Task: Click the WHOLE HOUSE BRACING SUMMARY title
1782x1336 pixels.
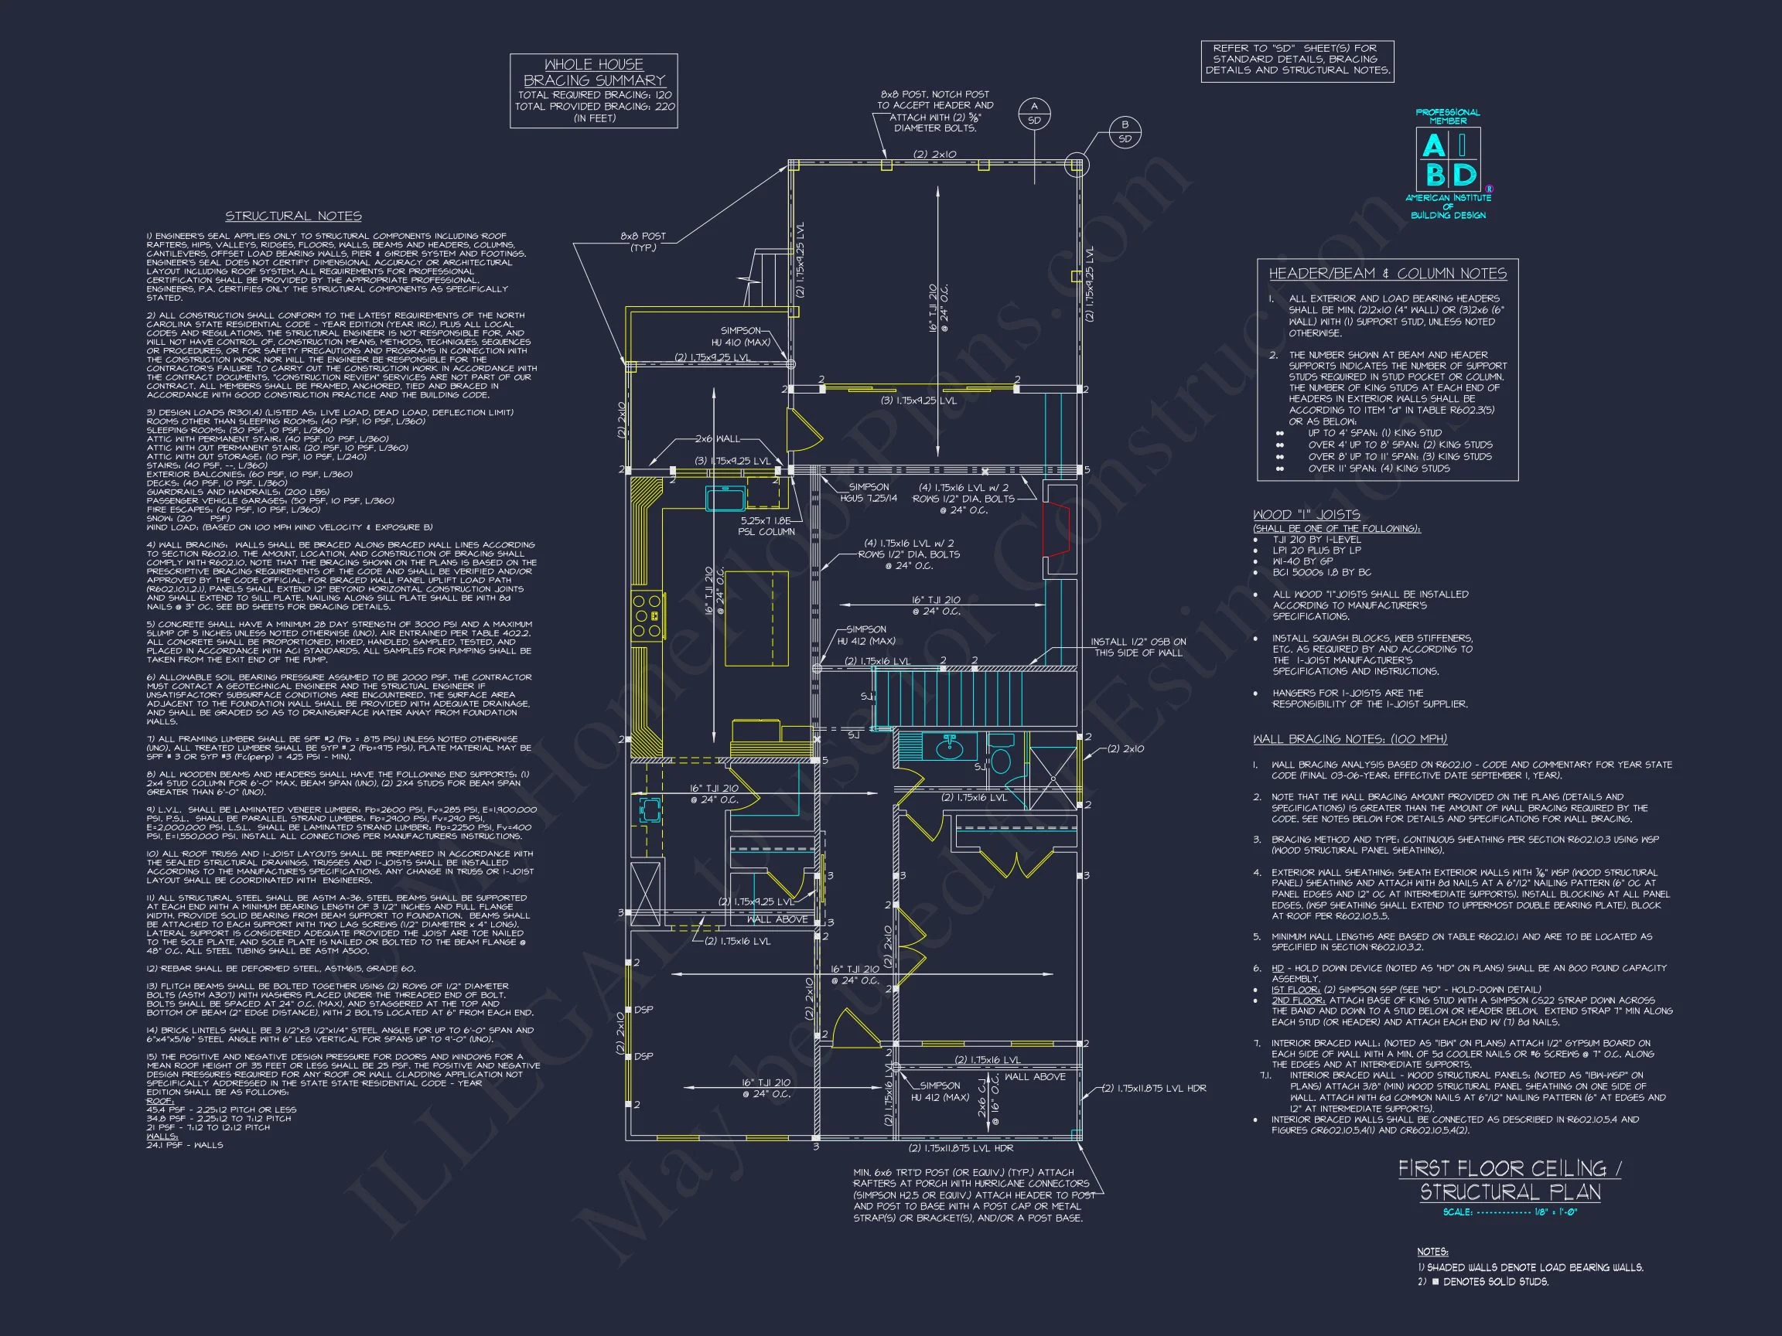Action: point(594,73)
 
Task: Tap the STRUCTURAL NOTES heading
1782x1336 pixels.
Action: point(293,216)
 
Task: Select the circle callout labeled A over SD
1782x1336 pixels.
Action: point(1034,114)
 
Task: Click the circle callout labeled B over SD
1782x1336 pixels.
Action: point(1125,131)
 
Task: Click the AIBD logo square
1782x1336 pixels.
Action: point(1448,159)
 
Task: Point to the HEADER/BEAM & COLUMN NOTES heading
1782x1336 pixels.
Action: point(1388,274)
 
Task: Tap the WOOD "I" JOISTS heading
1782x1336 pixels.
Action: point(1306,515)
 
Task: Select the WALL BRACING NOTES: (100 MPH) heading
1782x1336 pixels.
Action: point(1350,739)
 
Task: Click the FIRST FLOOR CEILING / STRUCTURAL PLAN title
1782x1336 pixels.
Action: point(1510,1180)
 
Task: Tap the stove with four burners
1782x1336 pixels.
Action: point(647,615)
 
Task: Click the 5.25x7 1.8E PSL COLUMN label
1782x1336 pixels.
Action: point(767,526)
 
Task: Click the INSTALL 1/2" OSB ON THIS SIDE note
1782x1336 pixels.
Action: point(1138,646)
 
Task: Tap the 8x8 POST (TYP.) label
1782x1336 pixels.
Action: point(642,241)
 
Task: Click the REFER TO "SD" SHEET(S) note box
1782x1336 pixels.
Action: point(1297,60)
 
